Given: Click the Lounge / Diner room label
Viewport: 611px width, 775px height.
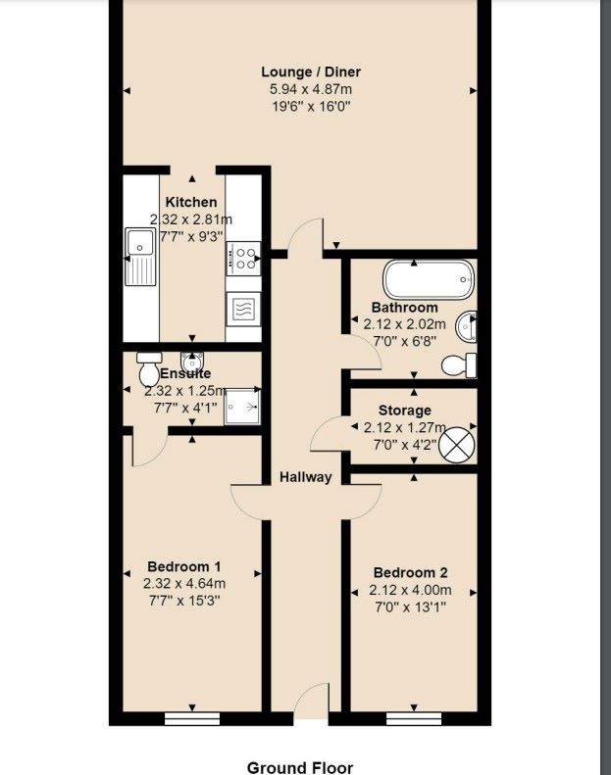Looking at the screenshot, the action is [x=311, y=73].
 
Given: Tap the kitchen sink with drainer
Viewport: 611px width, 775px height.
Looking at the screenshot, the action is [x=140, y=256].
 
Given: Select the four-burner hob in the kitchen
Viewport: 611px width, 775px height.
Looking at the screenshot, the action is [x=243, y=258].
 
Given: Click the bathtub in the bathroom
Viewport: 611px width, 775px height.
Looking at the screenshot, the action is [x=429, y=279].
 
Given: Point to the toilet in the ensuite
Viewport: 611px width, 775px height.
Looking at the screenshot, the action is [x=148, y=368].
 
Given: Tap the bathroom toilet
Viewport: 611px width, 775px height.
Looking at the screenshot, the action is [x=459, y=365].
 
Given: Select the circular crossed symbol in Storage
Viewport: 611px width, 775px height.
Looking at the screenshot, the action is [x=457, y=445].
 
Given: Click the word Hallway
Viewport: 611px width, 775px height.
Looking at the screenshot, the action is [x=305, y=477].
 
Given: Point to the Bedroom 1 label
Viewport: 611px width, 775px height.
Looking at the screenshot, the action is [x=184, y=566].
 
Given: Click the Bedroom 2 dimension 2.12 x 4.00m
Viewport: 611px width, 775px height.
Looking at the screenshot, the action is [x=410, y=590].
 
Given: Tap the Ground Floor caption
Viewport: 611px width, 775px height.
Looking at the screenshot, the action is [x=300, y=767].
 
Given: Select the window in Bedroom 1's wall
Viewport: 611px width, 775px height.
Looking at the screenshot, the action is [x=192, y=718].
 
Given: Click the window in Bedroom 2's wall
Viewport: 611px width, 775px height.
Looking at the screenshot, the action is [x=414, y=718].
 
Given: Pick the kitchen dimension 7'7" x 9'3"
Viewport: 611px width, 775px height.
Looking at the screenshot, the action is [x=191, y=236].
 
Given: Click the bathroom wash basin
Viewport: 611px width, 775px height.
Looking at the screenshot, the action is [x=467, y=326].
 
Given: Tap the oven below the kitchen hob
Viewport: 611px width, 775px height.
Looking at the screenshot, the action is [x=243, y=309].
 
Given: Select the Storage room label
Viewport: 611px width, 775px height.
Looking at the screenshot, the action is [x=405, y=411].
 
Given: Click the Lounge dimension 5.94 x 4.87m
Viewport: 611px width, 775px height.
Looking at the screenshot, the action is [x=311, y=89].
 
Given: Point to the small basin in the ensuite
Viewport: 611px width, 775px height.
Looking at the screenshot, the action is [x=192, y=360].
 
